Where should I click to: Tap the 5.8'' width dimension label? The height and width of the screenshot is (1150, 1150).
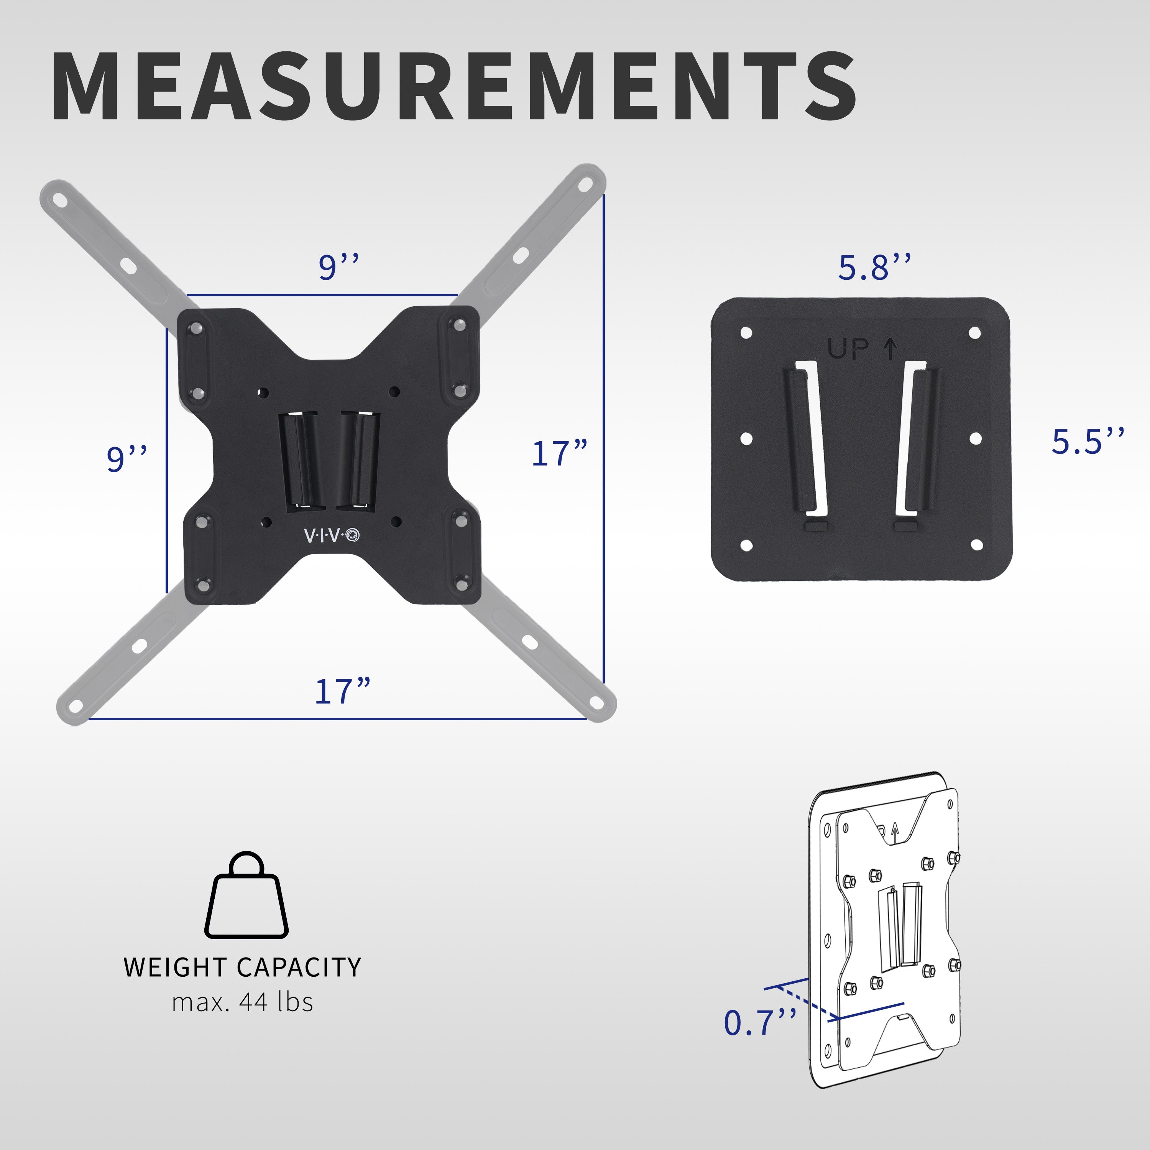pyautogui.click(x=874, y=268)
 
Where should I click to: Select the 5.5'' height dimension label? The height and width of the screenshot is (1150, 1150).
pyautogui.click(x=1087, y=442)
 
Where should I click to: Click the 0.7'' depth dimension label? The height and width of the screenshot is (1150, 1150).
pyautogui.click(x=759, y=1023)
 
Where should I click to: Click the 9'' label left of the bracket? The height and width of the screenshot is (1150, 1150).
pyautogui.click(x=126, y=458)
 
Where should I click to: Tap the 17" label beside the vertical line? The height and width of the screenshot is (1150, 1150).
pyautogui.click(x=559, y=454)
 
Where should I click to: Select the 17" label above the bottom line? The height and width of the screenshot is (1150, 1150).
pyautogui.click(x=342, y=692)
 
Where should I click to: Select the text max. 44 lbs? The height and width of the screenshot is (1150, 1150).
pyautogui.click(x=242, y=1003)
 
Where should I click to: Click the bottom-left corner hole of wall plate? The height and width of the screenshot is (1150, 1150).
pyautogui.click(x=747, y=545)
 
